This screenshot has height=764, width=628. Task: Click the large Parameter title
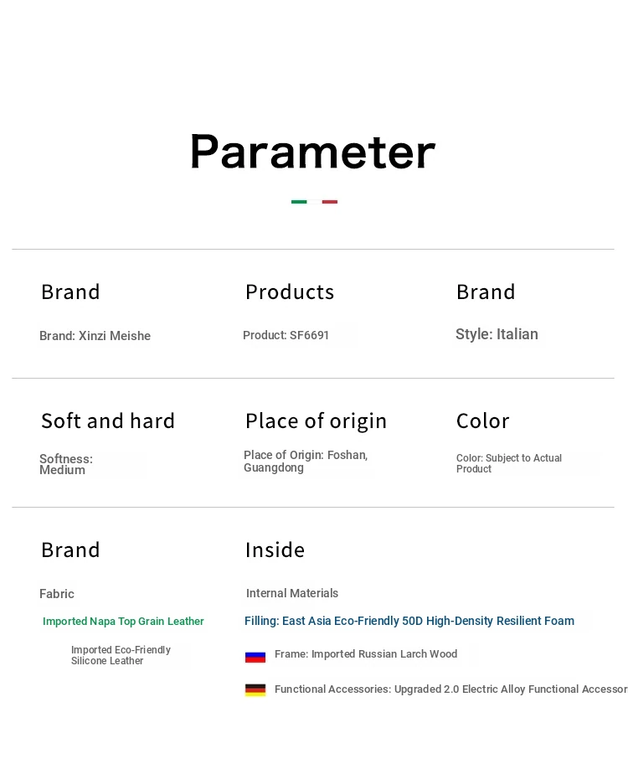[x=312, y=152]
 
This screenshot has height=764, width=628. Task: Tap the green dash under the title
[x=299, y=202]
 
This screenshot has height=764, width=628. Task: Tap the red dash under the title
[x=330, y=202]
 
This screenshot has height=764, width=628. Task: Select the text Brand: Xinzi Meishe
[x=95, y=336]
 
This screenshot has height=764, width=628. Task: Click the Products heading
[x=290, y=292]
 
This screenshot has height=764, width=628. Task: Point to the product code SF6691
[x=309, y=335]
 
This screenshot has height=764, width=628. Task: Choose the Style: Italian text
[x=497, y=334]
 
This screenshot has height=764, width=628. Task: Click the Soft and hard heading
[x=108, y=421]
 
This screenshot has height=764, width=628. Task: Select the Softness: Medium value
[x=66, y=464]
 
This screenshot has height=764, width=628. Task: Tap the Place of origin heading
[x=317, y=421]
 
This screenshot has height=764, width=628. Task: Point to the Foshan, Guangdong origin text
[x=306, y=461]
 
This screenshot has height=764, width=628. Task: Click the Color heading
[x=483, y=421]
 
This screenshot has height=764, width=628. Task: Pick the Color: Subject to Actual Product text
[x=509, y=463]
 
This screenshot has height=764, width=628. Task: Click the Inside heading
[x=275, y=550]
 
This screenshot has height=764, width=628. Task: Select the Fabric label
[x=57, y=594]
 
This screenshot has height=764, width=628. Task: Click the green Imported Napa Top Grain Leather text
[x=123, y=622]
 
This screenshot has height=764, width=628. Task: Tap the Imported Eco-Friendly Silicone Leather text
[x=121, y=655]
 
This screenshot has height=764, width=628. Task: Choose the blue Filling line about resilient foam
[x=409, y=621]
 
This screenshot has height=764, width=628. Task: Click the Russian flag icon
[x=255, y=657]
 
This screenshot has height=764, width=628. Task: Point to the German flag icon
[x=255, y=690]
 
